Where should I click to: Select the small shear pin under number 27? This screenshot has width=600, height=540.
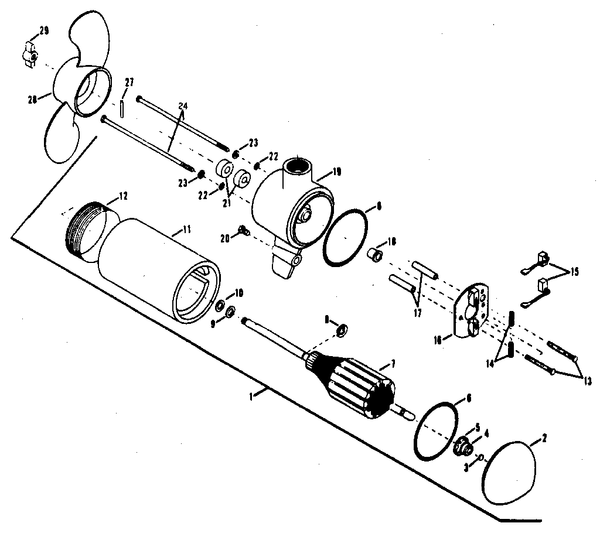tap(121, 108)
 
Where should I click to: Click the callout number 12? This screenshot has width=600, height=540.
tap(124, 195)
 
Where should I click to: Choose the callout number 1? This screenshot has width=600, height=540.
tap(251, 397)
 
